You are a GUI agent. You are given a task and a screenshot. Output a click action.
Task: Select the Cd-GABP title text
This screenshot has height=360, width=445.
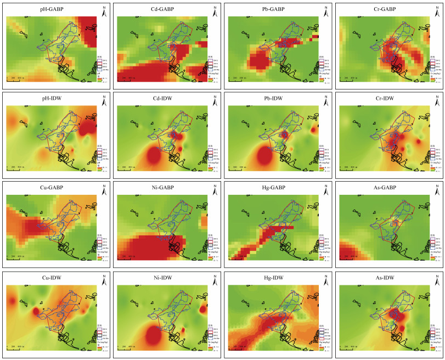[x=163, y=9]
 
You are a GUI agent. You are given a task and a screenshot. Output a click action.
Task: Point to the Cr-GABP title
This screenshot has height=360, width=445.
[x=384, y=9]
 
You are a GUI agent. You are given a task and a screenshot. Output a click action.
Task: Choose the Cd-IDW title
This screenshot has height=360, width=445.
[x=163, y=98]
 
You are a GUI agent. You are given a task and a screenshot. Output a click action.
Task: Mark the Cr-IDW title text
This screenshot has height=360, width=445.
[x=384, y=98]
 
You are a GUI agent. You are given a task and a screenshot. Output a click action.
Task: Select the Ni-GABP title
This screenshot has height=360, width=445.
[x=163, y=187]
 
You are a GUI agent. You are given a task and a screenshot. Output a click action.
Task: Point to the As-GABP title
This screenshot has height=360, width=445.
[x=384, y=187]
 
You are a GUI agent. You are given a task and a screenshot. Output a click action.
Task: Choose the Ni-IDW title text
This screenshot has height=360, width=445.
[x=163, y=277]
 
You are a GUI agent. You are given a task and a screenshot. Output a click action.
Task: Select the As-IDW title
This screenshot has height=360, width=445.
[x=384, y=277]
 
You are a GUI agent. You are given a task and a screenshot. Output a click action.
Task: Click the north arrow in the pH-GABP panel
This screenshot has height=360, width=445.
[x=104, y=10]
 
